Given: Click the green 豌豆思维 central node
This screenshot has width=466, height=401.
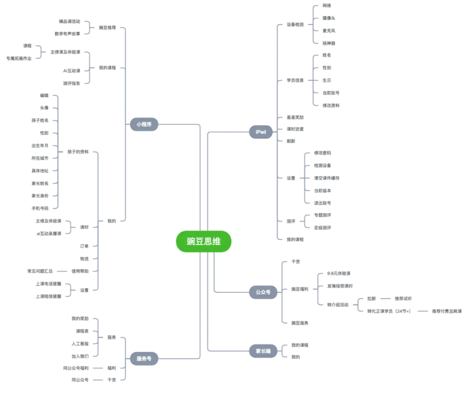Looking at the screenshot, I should (x=204, y=242).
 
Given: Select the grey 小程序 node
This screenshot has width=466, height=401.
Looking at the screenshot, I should (x=144, y=125).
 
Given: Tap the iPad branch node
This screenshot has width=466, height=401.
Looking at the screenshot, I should (x=261, y=132).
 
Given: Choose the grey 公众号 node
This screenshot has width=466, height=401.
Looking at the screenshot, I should (x=262, y=292).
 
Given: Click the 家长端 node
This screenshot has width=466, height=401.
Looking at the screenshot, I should (x=263, y=351).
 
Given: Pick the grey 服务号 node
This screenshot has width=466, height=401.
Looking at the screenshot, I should (x=144, y=359).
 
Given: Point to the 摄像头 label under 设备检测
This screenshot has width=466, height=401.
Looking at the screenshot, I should (x=329, y=18).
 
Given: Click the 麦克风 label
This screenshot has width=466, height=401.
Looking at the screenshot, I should (x=329, y=31).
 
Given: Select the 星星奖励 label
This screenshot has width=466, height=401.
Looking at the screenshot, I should (x=295, y=117).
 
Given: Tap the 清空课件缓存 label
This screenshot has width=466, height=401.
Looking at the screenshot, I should (x=327, y=178).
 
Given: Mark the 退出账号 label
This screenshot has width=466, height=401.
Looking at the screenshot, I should (x=322, y=203).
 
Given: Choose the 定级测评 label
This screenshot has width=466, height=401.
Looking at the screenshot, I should (x=322, y=227).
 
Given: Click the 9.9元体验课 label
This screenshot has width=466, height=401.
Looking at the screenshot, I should (x=339, y=273).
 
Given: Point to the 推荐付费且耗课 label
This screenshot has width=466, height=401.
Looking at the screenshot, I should (x=447, y=311).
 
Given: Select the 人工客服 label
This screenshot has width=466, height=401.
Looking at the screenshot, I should (x=80, y=344).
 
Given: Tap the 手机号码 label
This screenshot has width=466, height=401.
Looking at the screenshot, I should (x=40, y=208).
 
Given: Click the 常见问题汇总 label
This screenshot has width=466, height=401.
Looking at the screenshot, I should (x=40, y=271).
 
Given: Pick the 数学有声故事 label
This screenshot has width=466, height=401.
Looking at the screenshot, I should (x=67, y=34).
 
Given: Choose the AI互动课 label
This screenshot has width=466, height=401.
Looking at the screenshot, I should (x=72, y=71).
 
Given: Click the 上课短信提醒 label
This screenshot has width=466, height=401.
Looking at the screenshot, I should (x=48, y=297).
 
